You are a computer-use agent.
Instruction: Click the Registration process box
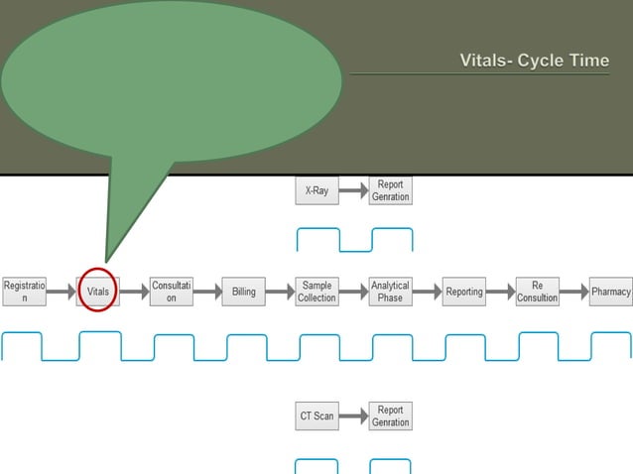click(24, 292)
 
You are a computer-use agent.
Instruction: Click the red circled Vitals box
click(97, 292)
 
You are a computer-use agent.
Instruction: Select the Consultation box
click(171, 292)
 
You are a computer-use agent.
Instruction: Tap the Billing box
click(244, 292)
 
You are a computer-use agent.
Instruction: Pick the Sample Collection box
click(317, 292)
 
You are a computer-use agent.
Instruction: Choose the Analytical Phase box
click(390, 292)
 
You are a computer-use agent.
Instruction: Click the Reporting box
click(464, 292)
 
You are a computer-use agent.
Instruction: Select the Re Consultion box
click(538, 292)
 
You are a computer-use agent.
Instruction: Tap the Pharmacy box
click(610, 292)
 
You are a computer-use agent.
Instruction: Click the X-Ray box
click(317, 190)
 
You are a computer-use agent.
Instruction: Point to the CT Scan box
click(317, 415)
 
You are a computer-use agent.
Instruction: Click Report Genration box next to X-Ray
click(390, 190)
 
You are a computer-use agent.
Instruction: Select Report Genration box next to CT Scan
click(390, 415)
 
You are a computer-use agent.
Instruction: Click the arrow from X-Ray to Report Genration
click(353, 190)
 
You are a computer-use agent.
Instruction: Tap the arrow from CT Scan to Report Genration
click(353, 416)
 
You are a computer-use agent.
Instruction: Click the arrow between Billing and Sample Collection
click(281, 292)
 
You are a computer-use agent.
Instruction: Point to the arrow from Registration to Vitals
click(61, 292)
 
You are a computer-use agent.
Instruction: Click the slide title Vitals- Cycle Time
click(534, 60)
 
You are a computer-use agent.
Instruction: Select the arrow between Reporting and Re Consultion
click(500, 292)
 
